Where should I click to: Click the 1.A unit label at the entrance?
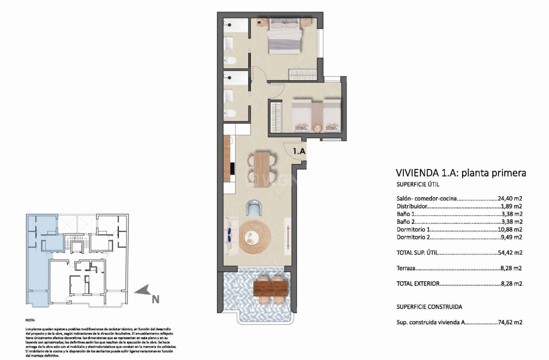[x=299, y=151]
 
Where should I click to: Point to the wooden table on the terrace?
[x=269, y=287]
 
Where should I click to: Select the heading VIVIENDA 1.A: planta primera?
[x=460, y=173]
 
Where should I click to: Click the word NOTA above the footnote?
[x=30, y=320]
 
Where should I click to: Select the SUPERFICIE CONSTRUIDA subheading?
[x=429, y=307]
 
